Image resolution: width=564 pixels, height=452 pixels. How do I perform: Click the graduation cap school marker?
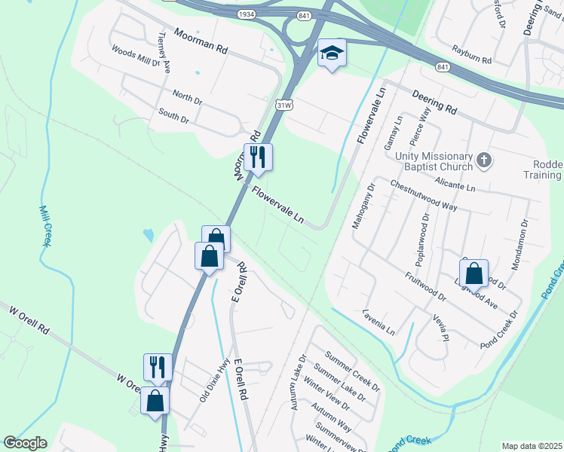(x=331, y=53)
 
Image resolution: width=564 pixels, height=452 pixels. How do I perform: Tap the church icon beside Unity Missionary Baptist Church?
(x=484, y=160)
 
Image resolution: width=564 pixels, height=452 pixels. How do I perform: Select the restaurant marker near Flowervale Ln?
(x=258, y=157)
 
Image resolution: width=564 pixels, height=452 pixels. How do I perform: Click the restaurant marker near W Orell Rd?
(x=158, y=368)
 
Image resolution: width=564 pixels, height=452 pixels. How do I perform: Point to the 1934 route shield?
(x=246, y=14)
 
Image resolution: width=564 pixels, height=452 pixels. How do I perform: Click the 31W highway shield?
(x=284, y=105)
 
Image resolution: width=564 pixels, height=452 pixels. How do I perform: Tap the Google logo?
(x=25, y=443)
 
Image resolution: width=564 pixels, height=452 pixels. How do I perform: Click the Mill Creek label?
(x=44, y=226)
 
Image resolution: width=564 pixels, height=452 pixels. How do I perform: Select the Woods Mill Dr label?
(x=136, y=57)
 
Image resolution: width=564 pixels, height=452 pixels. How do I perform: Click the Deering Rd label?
(x=434, y=102)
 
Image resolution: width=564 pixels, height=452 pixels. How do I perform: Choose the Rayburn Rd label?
(x=471, y=53)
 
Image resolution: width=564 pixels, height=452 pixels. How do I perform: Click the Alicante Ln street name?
(x=455, y=183)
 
